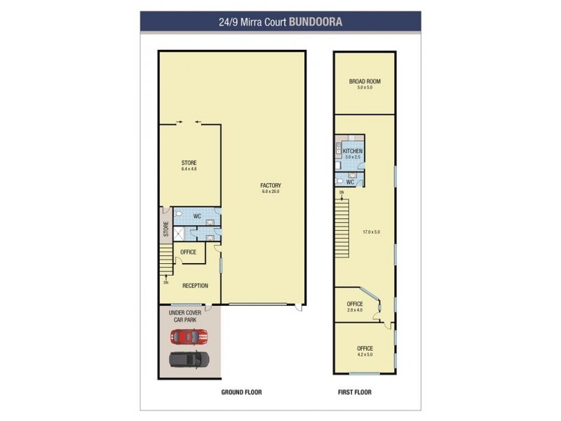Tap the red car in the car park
pyautogui.click(x=189, y=338)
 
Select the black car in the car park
pyautogui.click(x=189, y=359)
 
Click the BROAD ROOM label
pyautogui.click(x=365, y=81)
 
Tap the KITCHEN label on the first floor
pyautogui.click(x=353, y=151)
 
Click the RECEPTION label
pyautogui.click(x=194, y=286)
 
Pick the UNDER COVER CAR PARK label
pyautogui.click(x=187, y=315)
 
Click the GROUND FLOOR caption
pyautogui.click(x=241, y=392)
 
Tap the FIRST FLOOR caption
pyautogui.click(x=355, y=392)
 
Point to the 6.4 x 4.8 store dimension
pyautogui.click(x=189, y=169)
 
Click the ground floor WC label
pyautogui.click(x=197, y=216)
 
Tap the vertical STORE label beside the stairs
pyautogui.click(x=166, y=229)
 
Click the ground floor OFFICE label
pyautogui.click(x=188, y=252)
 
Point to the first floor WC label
pyautogui.click(x=350, y=182)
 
